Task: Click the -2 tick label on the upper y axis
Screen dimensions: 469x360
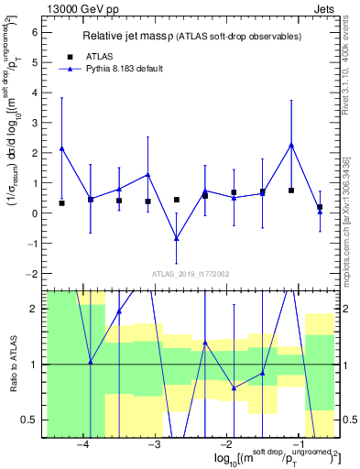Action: (33, 274)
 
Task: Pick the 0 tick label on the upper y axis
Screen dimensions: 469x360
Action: (36, 213)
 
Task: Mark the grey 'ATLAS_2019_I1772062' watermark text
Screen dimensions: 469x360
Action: (191, 273)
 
